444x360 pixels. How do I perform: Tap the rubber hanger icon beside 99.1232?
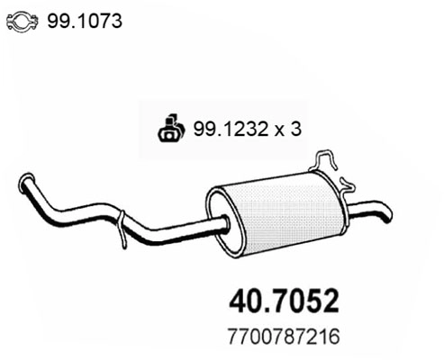coord(169,129)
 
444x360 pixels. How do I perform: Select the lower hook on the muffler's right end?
coord(345,185)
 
